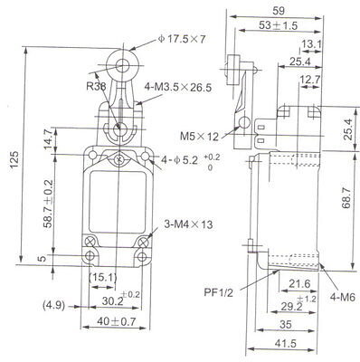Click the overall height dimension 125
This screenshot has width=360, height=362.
coord(14,159)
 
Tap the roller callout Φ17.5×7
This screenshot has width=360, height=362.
coord(182,39)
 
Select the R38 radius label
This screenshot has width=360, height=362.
coord(96,87)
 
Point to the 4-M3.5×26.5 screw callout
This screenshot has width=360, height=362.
coord(178,88)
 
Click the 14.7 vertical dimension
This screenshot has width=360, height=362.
coord(49,139)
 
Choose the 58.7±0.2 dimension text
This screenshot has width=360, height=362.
coord(48,204)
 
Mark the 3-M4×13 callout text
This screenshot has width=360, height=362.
coord(188,224)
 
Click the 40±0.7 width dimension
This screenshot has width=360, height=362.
coord(117,321)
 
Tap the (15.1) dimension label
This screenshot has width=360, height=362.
coord(103,277)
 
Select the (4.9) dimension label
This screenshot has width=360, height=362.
coord(53,306)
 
